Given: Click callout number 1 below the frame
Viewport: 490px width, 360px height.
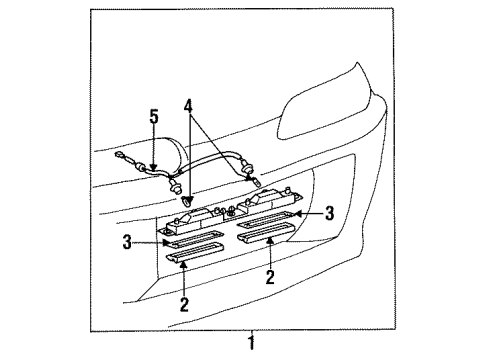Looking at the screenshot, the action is point(251,343).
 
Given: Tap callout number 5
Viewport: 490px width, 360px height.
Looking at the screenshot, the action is point(154,117).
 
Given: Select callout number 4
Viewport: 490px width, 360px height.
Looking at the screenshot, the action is point(188,106).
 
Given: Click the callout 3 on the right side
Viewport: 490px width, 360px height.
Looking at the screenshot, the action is point(329,213).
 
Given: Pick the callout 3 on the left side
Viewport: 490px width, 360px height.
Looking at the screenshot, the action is point(127,242).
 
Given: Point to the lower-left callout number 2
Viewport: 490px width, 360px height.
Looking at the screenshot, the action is point(184,304).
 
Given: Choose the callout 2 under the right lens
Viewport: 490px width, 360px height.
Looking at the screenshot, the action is point(270,277).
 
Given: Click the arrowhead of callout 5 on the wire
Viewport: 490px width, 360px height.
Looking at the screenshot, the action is point(154,168).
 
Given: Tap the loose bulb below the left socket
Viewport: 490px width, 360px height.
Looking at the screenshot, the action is point(187,201).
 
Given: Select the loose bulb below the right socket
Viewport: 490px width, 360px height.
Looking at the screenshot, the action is point(256,182).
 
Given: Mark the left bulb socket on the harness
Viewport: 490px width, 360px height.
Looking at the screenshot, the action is point(175,186).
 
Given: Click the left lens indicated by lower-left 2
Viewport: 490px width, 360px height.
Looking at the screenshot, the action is point(195,252).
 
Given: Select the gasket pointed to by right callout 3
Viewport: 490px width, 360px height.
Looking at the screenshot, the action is point(266,220).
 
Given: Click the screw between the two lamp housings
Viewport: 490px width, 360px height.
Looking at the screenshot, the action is point(231,210).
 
